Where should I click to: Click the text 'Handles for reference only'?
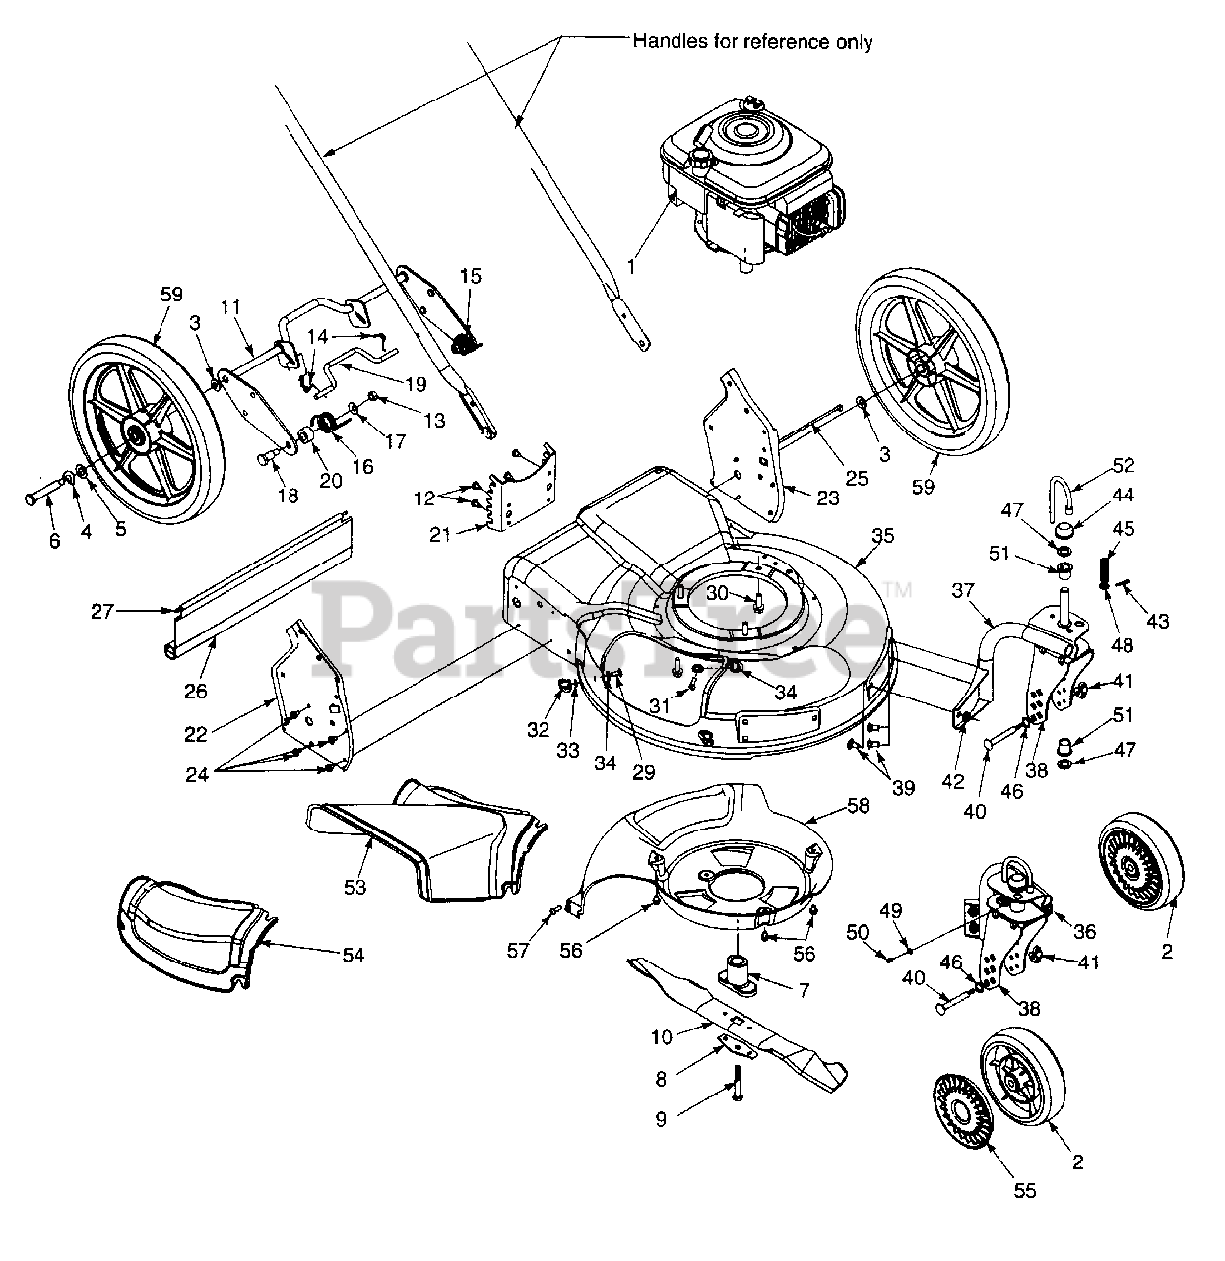pos(752,42)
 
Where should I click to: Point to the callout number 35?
pos(882,537)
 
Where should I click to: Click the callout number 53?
pos(355,887)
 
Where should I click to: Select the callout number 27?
pos(102,612)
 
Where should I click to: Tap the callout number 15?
pos(470,276)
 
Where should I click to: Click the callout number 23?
pos(827,498)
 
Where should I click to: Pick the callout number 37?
pos(963,590)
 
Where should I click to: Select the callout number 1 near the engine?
pos(632,266)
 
